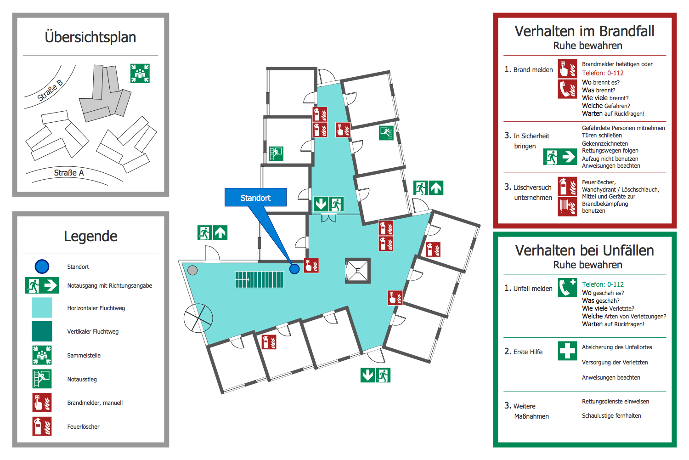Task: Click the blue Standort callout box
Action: pyautogui.click(x=255, y=198)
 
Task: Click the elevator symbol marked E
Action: pyautogui.click(x=358, y=270)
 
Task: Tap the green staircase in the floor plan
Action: pyautogui.click(x=260, y=279)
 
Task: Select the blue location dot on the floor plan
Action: pyautogui.click(x=294, y=268)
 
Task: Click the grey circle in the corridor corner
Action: pyautogui.click(x=192, y=270)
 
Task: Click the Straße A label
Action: pyautogui.click(x=69, y=173)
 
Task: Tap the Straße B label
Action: pyautogui.click(x=50, y=90)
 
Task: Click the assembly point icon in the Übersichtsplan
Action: pyautogui.click(x=140, y=74)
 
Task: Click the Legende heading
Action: pyautogui.click(x=90, y=236)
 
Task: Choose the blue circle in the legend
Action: pyautogui.click(x=42, y=267)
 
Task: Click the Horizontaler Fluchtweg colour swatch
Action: pyautogui.click(x=42, y=308)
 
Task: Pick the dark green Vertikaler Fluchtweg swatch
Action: pyautogui.click(x=42, y=331)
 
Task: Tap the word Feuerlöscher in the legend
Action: pyautogui.click(x=83, y=426)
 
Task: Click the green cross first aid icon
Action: pyautogui.click(x=567, y=351)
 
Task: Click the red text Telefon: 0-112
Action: pyautogui.click(x=603, y=73)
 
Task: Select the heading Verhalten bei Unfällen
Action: pyautogui.click(x=584, y=250)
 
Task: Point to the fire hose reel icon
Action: pyautogui.click(x=567, y=206)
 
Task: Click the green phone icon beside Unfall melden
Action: pyautogui.click(x=567, y=288)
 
